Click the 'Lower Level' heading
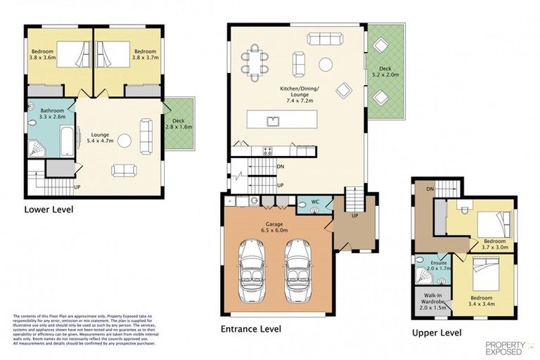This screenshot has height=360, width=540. [48, 209]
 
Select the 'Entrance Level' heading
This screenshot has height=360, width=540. [250, 328]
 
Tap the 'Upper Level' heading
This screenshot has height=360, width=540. [438, 332]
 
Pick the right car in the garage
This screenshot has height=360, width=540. [299, 270]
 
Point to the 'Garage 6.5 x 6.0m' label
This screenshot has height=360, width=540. [275, 223]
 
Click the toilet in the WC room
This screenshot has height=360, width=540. [302, 206]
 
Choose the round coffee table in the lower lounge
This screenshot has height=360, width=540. [124, 141]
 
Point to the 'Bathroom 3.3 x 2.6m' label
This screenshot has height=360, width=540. [52, 114]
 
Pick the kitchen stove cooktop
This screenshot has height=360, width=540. [267, 150]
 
